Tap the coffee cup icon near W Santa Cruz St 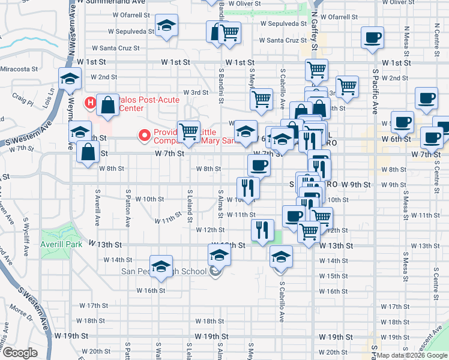coord(372,38)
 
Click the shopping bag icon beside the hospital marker coord(109,106)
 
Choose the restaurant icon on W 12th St coord(262,230)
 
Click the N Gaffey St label coord(314,34)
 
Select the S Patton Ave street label coord(128,200)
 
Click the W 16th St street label coord(151,290)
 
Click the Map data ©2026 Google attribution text coord(412,355)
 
